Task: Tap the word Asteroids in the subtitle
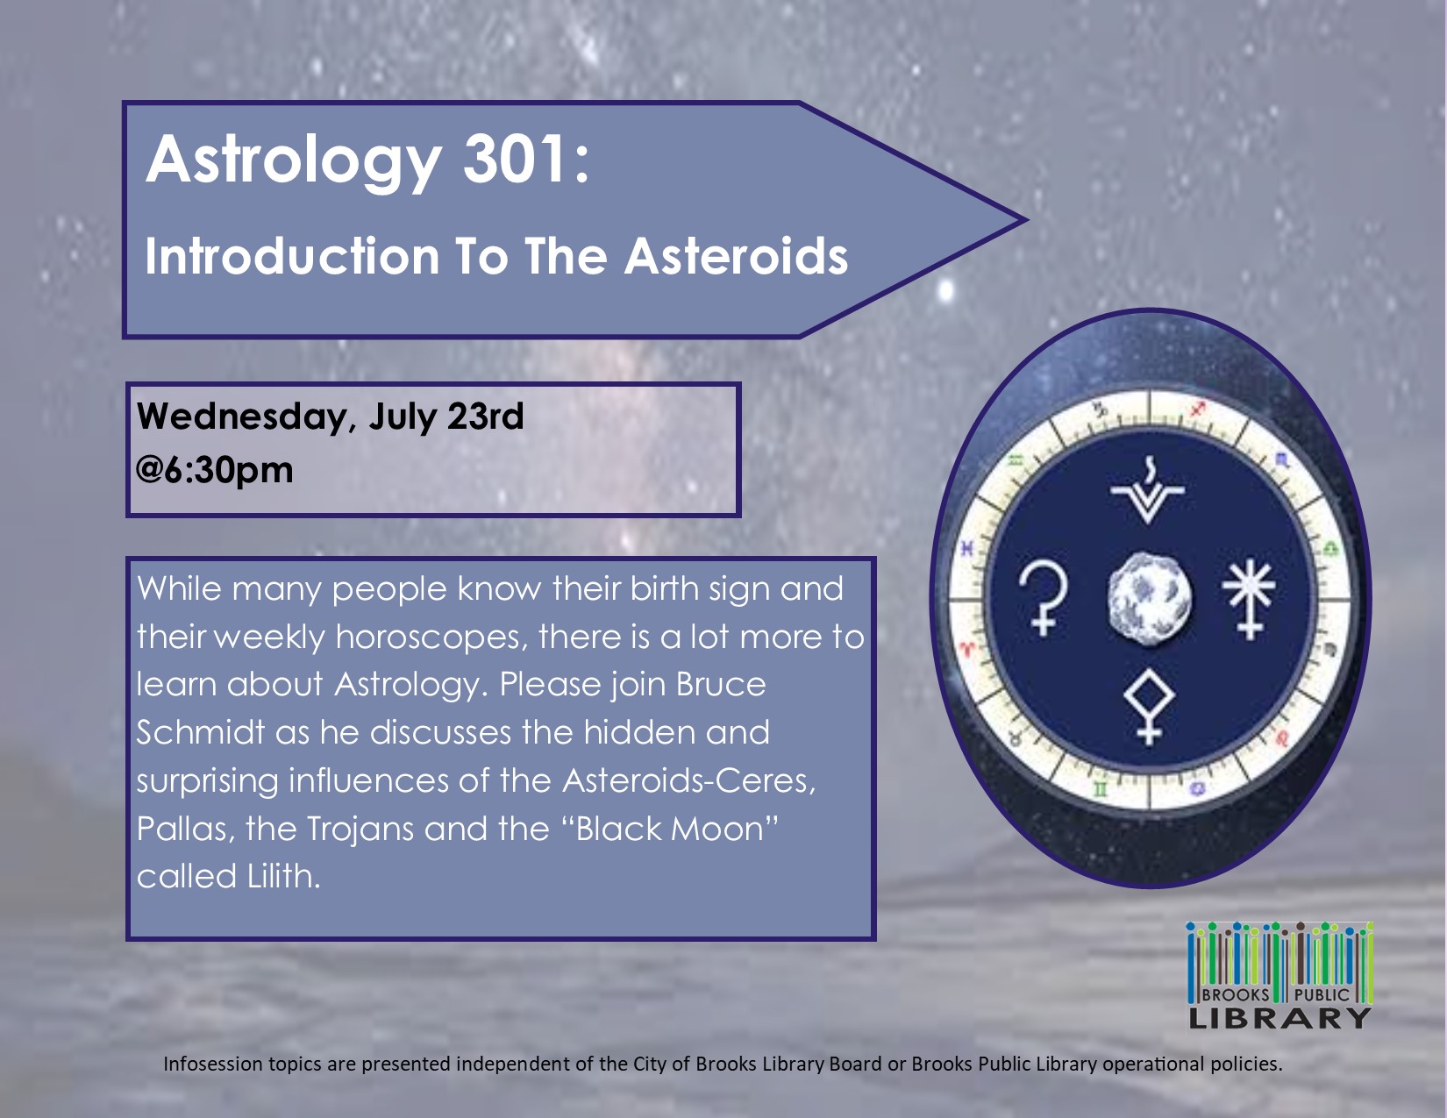736,256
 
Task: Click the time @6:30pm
215,469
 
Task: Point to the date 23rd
486,416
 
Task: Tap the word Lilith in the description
283,875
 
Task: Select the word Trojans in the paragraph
360,830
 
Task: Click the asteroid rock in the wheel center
1149,597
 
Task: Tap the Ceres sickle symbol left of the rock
1043,598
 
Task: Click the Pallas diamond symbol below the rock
1149,706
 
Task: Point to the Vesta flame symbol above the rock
1147,489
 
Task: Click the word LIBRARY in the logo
1279,1018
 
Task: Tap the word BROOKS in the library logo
1236,995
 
